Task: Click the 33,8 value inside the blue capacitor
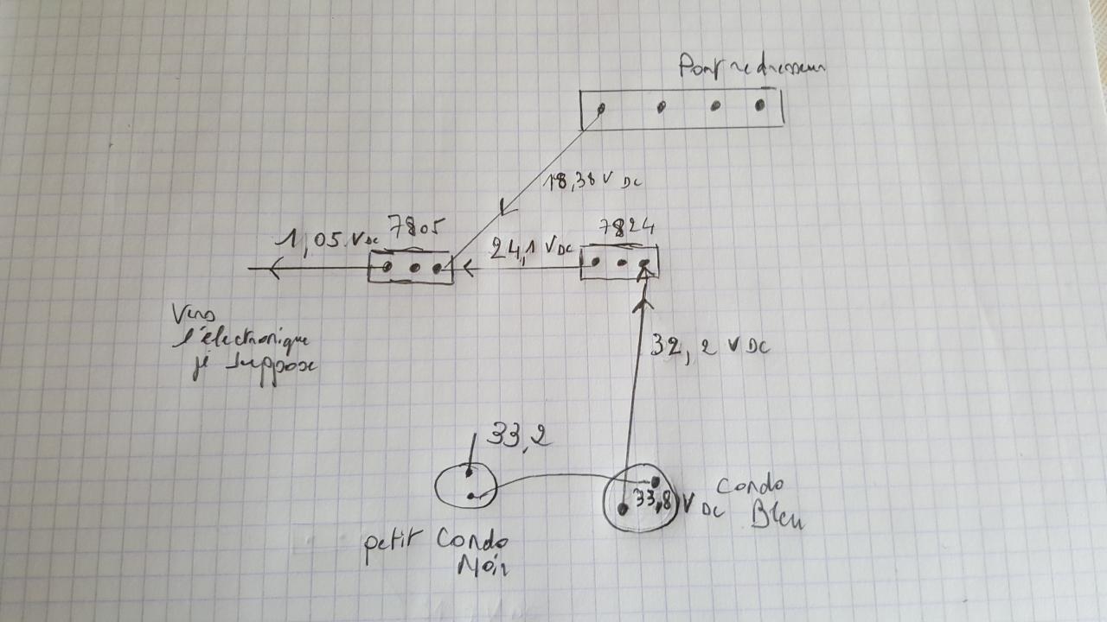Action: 655,500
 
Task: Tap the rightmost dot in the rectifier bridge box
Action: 760,105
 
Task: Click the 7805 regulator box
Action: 409,267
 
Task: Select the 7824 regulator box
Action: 619,262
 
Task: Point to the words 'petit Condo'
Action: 436,544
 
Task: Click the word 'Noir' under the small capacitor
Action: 483,569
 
